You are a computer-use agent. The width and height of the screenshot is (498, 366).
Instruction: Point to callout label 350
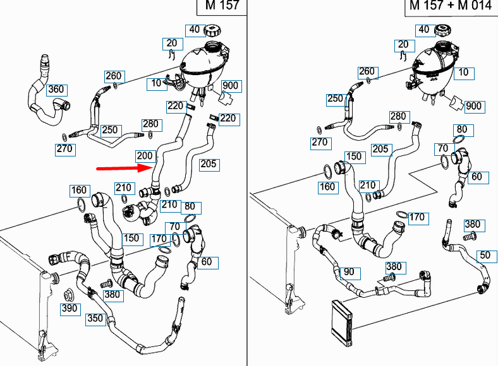(95, 319)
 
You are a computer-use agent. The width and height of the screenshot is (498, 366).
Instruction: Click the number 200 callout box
(145, 156)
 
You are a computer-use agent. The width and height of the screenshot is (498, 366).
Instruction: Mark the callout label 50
(484, 255)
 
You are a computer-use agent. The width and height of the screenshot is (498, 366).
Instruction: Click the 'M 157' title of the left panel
(221, 6)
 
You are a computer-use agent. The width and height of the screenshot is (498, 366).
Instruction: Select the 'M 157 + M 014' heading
(451, 6)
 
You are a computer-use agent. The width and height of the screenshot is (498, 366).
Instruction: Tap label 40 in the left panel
(194, 30)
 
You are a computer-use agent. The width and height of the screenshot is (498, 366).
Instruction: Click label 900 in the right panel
(473, 105)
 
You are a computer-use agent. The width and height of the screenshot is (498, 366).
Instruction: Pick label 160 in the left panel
(79, 190)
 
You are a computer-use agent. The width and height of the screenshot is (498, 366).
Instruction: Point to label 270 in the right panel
(320, 143)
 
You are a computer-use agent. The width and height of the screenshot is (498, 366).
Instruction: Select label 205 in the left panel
(209, 165)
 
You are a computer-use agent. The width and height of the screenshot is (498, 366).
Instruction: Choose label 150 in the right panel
(353, 156)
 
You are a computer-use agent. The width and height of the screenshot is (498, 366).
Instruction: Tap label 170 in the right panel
(416, 218)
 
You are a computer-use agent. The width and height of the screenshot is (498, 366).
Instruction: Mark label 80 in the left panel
(190, 207)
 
